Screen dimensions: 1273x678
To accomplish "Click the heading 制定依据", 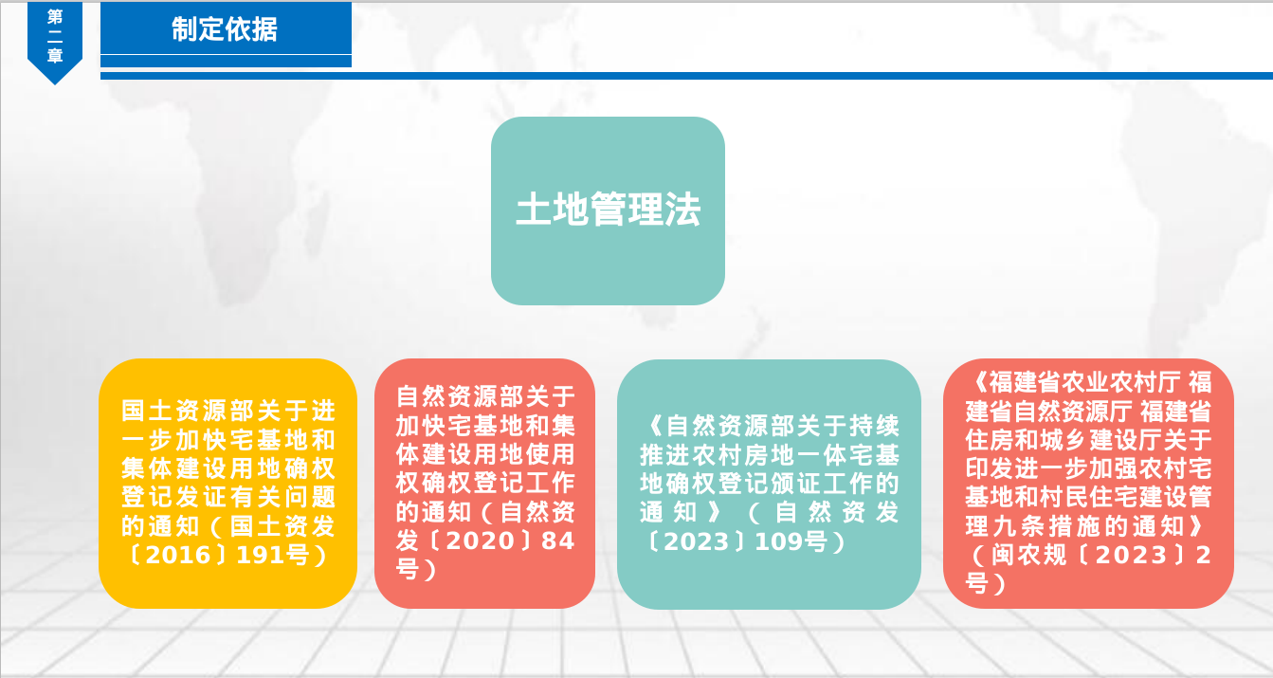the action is click(225, 29).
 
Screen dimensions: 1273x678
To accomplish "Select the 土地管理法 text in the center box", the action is click(609, 210).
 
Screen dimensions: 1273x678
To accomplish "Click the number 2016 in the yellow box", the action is click(178, 556).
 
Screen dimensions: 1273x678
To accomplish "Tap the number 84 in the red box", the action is click(557, 541).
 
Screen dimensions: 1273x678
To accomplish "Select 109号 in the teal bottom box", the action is click(791, 541).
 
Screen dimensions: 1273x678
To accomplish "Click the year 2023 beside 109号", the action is click(697, 541).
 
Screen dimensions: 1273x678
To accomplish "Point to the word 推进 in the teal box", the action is click(666, 454).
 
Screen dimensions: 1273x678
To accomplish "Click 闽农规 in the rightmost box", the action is click(1029, 556).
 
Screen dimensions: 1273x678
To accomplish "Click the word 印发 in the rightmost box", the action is click(990, 468).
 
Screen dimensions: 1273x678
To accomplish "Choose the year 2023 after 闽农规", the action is click(1131, 556).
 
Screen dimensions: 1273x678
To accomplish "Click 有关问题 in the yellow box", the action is click(283, 497).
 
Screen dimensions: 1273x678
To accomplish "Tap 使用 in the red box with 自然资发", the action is click(550, 454).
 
